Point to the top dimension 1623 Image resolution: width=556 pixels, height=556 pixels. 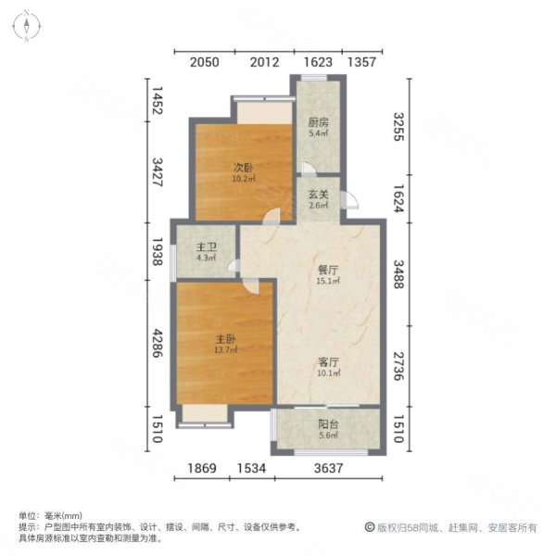[318, 63]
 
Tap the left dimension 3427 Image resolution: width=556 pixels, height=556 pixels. [158, 171]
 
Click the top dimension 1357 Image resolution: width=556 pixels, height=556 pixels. [363, 63]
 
